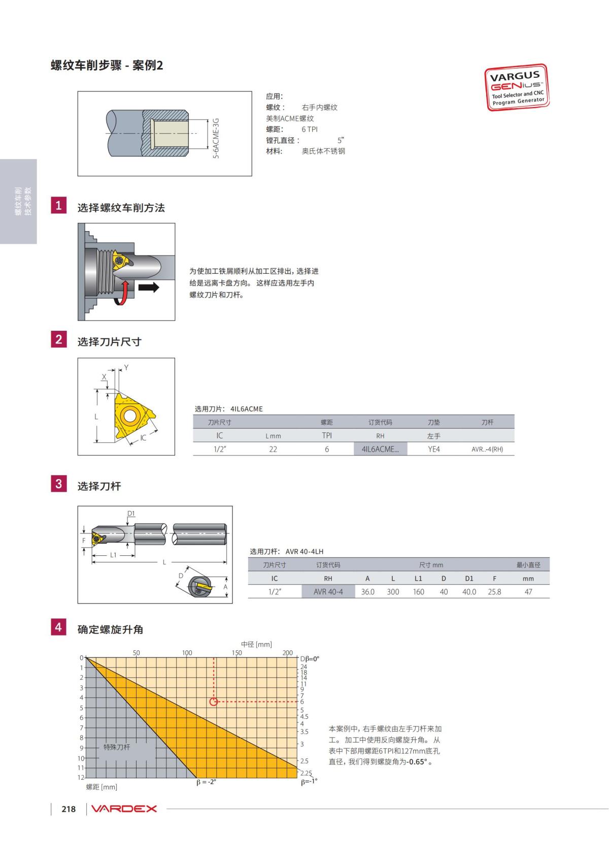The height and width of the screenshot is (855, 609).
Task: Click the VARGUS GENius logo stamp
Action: (517, 87)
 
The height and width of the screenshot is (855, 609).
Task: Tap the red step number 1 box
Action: (58, 205)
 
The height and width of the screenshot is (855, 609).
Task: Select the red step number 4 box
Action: (58, 627)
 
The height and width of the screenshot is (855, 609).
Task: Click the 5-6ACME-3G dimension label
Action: (216, 138)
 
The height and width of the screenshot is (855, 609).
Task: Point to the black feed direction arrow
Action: (149, 288)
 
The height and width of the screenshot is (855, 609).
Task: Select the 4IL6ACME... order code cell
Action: (380, 449)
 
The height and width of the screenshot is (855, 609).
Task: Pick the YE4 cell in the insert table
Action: (433, 449)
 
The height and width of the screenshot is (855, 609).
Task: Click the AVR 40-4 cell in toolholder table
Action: (328, 592)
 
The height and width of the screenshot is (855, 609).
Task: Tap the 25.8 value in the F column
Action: (494, 592)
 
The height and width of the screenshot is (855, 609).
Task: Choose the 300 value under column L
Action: (393, 592)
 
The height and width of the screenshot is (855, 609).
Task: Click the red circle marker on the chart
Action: (214, 702)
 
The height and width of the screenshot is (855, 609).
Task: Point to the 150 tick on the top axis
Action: (237, 653)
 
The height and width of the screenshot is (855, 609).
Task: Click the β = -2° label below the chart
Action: (206, 782)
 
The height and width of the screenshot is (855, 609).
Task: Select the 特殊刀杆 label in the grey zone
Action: (117, 747)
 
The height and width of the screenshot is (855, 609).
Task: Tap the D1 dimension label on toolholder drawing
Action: (131, 513)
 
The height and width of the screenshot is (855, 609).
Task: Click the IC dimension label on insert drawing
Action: (143, 437)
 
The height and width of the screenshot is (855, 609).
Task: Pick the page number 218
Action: (69, 809)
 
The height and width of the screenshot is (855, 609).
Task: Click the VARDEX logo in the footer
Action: (124, 809)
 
